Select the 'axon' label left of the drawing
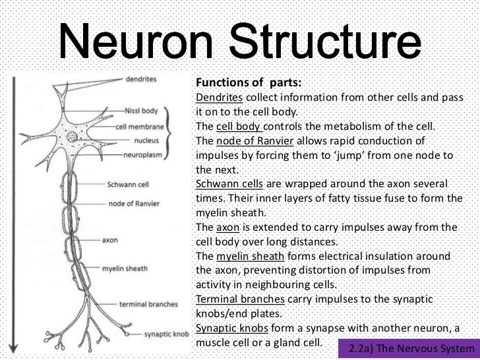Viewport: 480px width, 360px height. (x=110, y=240)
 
